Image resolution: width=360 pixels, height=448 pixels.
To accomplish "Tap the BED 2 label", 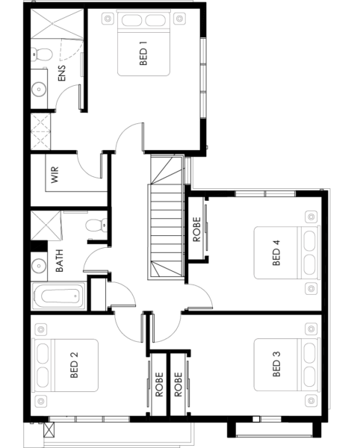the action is click(74, 365).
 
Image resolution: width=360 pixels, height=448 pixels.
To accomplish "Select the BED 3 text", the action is click(276, 364).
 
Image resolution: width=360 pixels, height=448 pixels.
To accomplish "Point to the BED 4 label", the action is click(276, 253).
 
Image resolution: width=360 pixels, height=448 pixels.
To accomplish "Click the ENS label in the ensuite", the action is click(61, 73).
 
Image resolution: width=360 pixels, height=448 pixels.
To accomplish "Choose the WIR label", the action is click(55, 175).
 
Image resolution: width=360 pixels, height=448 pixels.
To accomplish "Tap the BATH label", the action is click(59, 261).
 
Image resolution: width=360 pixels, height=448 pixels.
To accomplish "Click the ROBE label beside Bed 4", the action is click(196, 230).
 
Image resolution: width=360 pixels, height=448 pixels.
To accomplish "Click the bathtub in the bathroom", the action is click(60, 296).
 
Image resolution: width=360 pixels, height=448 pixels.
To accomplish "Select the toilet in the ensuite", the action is click(42, 54).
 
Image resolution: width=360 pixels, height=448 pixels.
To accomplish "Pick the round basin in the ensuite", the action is click(39, 89).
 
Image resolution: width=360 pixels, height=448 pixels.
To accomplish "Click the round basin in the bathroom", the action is click(39, 266).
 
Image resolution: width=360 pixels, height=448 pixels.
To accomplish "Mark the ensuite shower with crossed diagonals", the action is click(58, 23).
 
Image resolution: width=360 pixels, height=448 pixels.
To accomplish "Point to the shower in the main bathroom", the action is click(46, 225).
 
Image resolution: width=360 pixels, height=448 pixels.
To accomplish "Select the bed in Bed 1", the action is click(143, 43).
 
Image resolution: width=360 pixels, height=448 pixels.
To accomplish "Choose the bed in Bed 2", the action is click(66, 365).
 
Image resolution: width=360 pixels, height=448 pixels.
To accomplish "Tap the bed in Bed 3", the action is click(287, 364).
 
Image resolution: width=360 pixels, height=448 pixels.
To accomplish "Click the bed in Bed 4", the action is click(287, 252).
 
